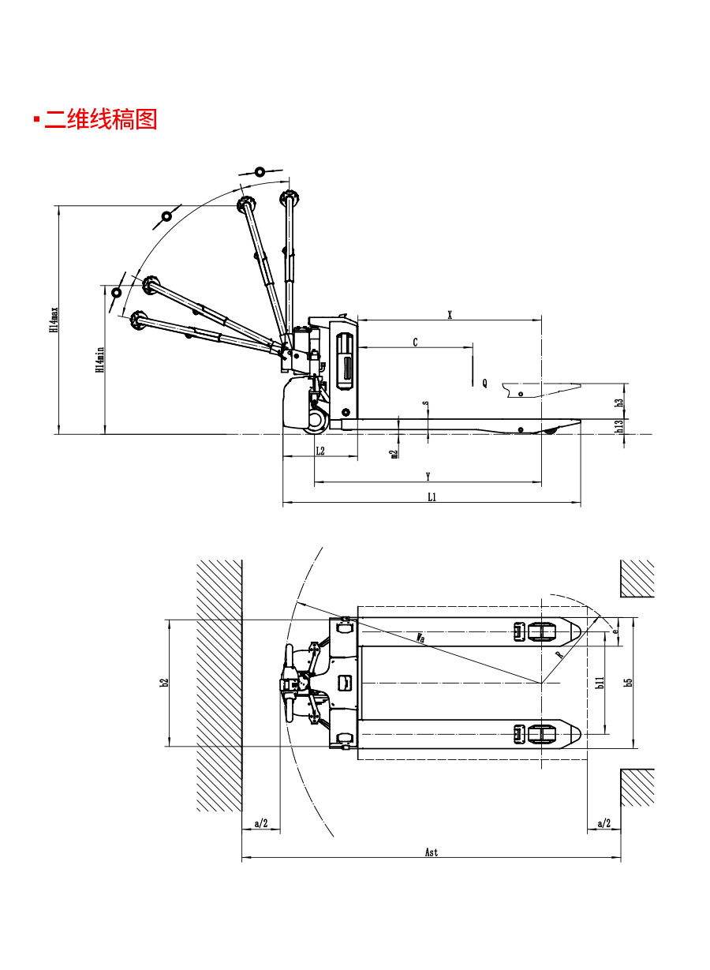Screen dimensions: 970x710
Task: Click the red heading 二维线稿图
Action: [101, 119]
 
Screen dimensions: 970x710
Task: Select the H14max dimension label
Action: [54, 320]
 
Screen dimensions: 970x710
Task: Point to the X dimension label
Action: [450, 314]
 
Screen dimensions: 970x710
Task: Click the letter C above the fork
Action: [416, 342]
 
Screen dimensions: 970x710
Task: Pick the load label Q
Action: [484, 383]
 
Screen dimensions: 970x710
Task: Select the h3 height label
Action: [620, 402]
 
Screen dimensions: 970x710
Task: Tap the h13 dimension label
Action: [620, 425]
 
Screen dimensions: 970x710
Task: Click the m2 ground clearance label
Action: [394, 453]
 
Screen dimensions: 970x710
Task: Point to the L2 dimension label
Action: [319, 451]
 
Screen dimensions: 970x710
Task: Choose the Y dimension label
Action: [428, 476]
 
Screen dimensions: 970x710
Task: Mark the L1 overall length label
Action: [432, 496]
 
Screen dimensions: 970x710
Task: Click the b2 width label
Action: [164, 682]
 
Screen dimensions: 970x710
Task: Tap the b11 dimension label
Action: [600, 683]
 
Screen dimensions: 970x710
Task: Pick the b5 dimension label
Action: [629, 681]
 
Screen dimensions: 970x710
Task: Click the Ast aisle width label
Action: [432, 852]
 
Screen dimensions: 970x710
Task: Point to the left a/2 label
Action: [262, 824]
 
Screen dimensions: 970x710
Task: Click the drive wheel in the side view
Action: [317, 421]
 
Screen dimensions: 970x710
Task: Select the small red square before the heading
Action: [36, 120]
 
